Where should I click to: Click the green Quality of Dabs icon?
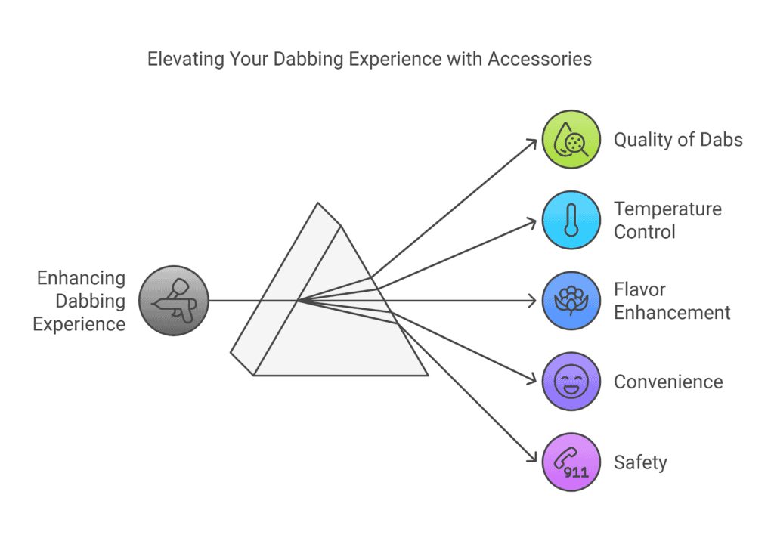(571, 139)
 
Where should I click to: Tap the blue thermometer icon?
(571, 220)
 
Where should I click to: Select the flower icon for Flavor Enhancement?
(571, 301)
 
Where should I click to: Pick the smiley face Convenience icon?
(571, 382)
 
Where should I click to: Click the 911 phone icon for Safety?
(571, 462)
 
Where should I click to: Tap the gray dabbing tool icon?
(174, 301)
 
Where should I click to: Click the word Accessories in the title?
(540, 59)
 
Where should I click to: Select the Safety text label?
(640, 463)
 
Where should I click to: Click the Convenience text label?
(668, 382)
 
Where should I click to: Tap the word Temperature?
(668, 209)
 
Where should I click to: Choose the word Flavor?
(639, 289)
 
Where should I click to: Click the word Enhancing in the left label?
(81, 278)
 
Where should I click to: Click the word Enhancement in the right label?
(672, 313)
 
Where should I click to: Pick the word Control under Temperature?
(644, 232)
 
